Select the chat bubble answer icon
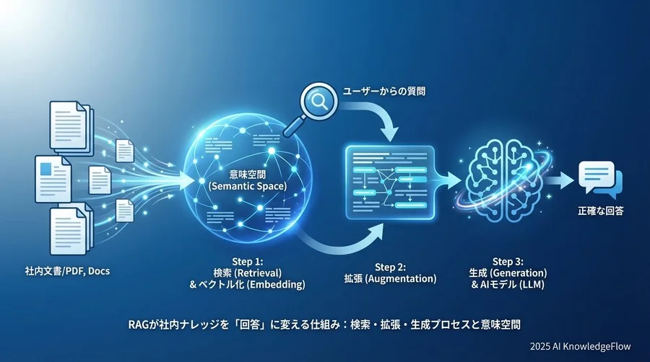pos(599,179)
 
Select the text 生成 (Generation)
pos(508,273)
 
